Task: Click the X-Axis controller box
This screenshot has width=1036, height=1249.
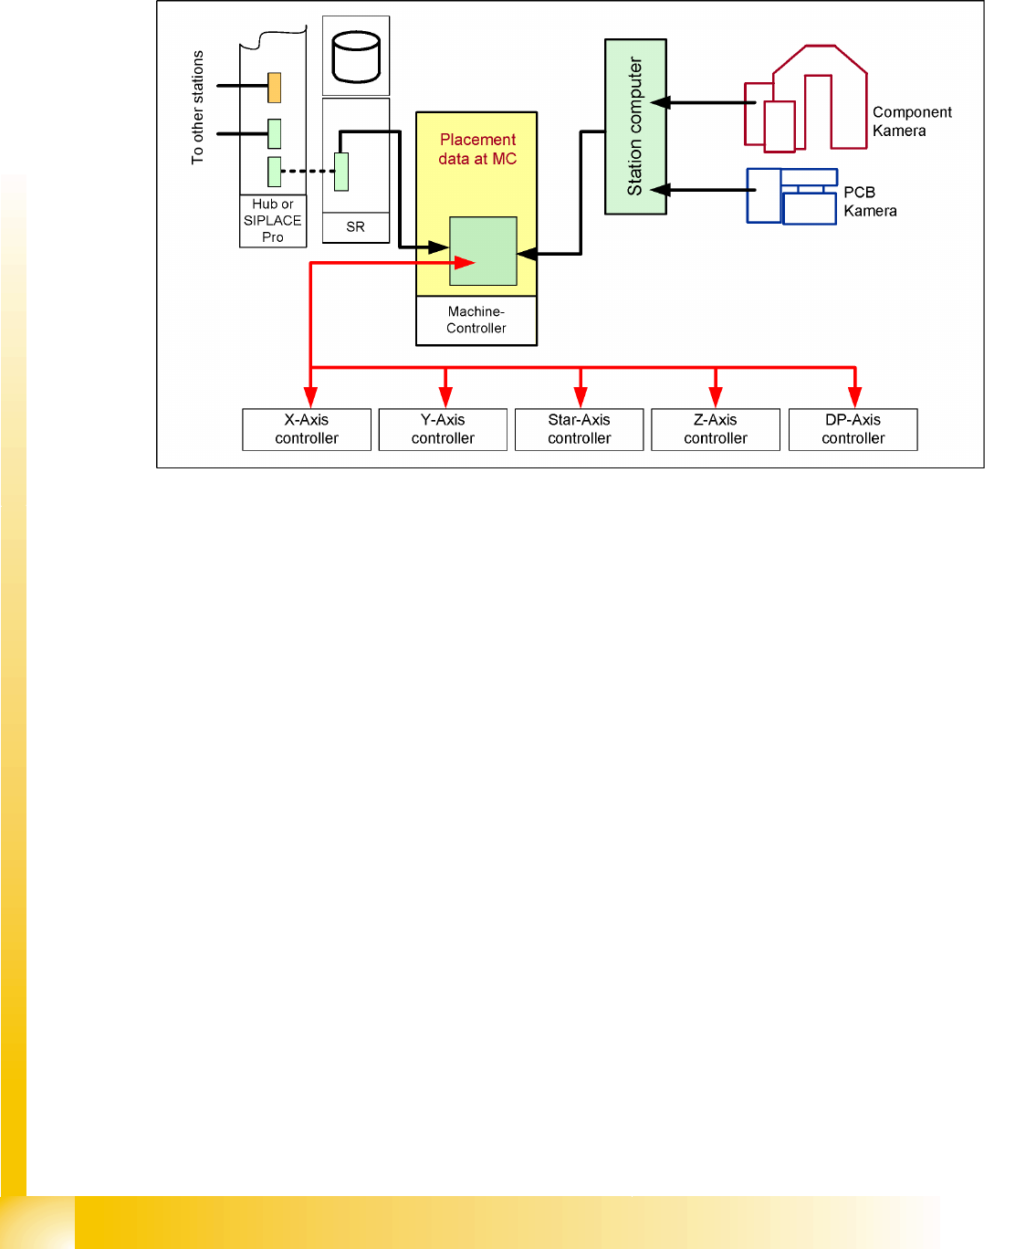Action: point(307,429)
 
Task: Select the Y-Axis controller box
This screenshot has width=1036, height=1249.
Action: point(443,429)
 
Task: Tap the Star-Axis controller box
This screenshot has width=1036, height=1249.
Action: point(579,429)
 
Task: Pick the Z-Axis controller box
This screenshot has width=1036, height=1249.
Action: point(716,429)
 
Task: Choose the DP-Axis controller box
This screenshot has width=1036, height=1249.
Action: point(853,429)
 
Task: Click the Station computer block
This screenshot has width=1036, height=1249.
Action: point(635,127)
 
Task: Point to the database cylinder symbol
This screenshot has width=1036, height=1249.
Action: point(356,57)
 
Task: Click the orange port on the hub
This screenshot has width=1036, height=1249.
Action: point(274,88)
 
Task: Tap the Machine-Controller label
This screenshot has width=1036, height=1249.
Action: point(476,320)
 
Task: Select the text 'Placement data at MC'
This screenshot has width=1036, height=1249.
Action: point(477,149)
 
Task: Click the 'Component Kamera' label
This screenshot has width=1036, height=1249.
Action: point(911,121)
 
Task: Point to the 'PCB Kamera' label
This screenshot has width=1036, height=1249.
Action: point(869,202)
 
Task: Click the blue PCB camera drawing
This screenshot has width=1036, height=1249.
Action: point(791,196)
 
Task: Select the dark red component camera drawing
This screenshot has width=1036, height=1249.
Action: point(804,100)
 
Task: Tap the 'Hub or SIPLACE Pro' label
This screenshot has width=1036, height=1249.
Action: point(272,221)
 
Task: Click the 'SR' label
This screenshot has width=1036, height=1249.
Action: point(355,227)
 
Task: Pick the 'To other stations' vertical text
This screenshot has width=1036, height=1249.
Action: point(197,108)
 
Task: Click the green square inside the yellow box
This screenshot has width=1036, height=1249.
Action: point(483,251)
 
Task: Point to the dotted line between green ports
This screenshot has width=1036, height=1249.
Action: point(308,171)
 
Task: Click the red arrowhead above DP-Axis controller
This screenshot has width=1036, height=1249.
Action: point(854,397)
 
